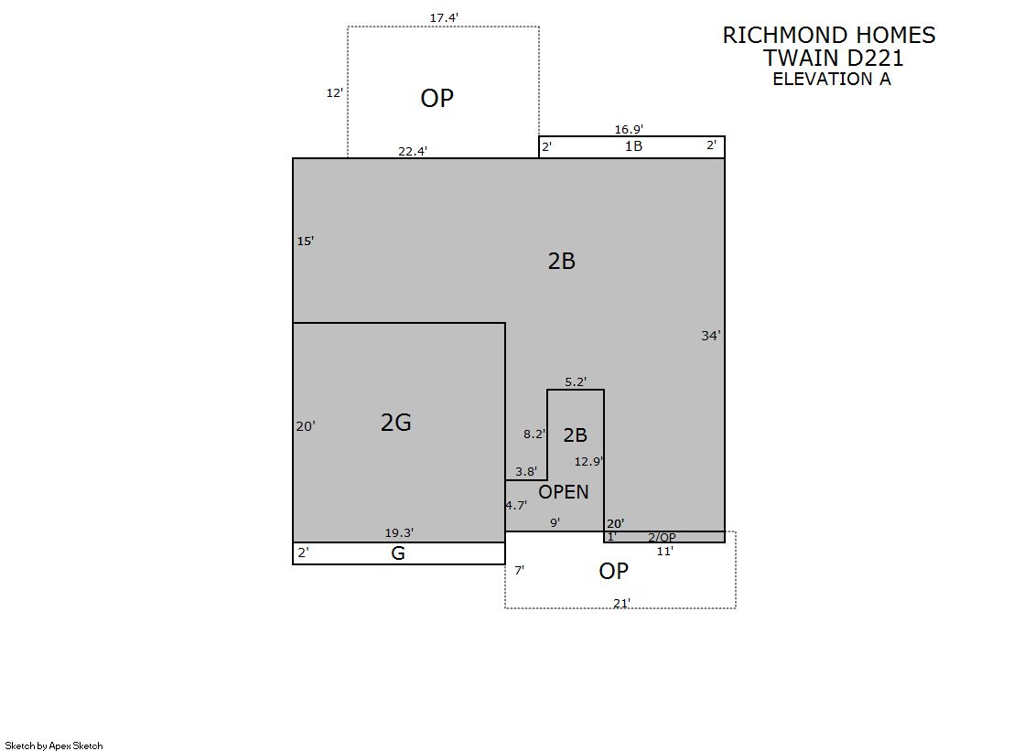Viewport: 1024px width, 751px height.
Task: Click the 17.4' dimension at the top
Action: coord(444,18)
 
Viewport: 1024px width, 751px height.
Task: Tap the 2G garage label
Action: coord(395,423)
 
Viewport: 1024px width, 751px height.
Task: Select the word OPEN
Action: coord(563,492)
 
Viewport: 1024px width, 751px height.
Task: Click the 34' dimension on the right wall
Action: coord(710,336)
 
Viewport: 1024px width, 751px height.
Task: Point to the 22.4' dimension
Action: coord(413,152)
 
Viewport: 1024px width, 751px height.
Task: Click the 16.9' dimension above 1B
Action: coord(629,129)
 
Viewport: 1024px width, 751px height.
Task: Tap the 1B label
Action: coord(633,146)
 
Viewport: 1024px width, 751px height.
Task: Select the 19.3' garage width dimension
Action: coord(399,533)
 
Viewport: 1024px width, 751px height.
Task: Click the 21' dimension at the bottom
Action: coord(621,603)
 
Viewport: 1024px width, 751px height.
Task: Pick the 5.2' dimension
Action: coord(576,382)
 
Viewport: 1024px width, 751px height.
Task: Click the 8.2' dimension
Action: coord(534,434)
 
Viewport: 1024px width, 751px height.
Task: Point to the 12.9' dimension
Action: coord(588,462)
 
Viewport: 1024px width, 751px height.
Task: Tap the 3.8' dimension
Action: coord(526,471)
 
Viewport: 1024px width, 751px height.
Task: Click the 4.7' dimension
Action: coord(516,506)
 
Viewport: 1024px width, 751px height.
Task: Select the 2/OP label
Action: coord(662,538)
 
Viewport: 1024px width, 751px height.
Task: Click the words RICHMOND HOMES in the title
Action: coord(829,36)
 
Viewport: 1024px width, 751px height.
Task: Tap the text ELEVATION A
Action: coord(831,79)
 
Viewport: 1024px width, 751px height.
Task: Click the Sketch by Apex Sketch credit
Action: coord(54,746)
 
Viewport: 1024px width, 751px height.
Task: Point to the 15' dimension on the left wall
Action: coord(306,241)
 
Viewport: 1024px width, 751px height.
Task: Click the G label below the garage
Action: coord(398,553)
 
